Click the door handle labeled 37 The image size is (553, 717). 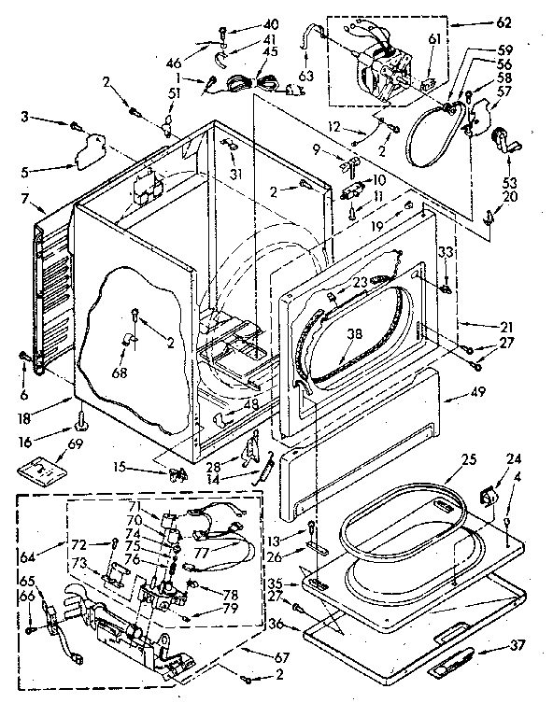453,665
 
